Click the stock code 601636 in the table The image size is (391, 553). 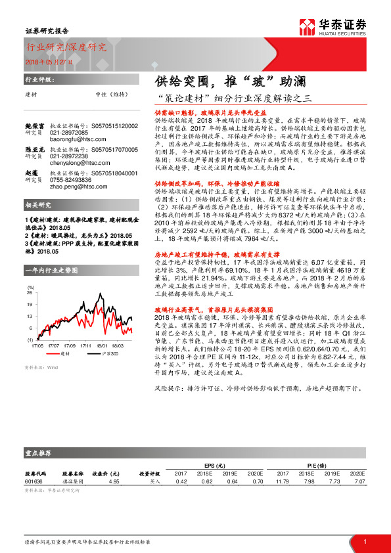click(x=35, y=481)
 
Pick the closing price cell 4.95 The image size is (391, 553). click(x=114, y=481)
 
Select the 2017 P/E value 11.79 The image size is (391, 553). click(x=282, y=481)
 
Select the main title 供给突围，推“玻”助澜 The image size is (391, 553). click(x=216, y=83)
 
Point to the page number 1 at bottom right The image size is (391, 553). click(x=365, y=541)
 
